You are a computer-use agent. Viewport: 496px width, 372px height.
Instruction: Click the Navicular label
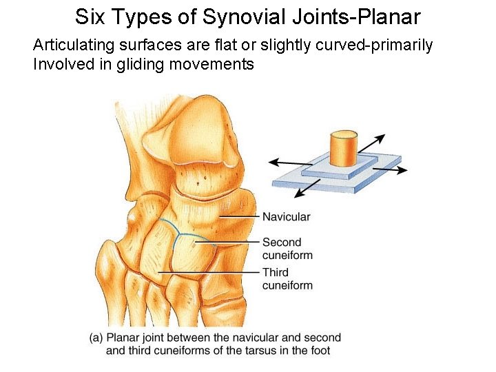pyautogui.click(x=286, y=217)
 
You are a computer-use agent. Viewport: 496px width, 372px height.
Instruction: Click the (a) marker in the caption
pyautogui.click(x=96, y=338)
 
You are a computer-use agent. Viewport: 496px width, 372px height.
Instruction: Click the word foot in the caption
pyautogui.click(x=319, y=351)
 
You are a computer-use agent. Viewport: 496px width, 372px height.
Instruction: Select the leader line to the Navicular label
pyautogui.click(x=238, y=217)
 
